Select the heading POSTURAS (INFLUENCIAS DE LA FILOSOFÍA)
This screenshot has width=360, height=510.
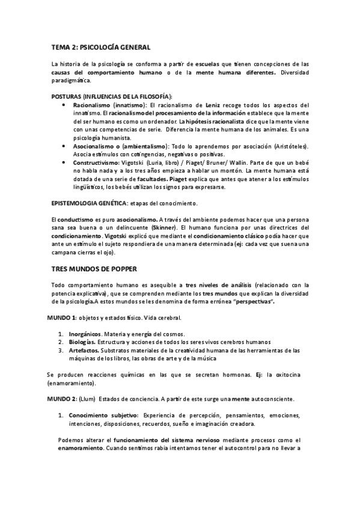pyautogui.click(x=112, y=96)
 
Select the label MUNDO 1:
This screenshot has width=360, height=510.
pyautogui.click(x=62, y=316)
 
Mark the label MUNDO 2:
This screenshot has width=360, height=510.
pyautogui.click(x=62, y=399)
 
